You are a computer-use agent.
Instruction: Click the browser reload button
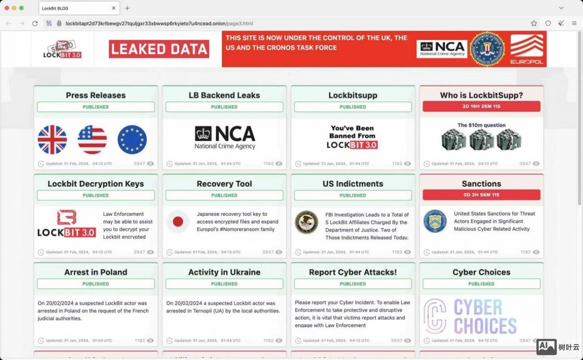35,23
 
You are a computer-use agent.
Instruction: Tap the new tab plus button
127,8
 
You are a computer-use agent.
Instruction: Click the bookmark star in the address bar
534,23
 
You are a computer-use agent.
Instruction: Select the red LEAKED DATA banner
159,49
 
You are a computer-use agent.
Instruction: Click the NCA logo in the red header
442,49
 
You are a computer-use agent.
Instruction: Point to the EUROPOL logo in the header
527,49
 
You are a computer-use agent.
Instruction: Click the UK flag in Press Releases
52,139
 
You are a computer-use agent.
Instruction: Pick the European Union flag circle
132,139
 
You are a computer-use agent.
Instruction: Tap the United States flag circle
92,139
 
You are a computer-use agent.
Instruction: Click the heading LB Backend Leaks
224,95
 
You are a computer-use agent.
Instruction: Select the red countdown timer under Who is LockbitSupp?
481,107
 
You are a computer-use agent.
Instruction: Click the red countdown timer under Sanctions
481,195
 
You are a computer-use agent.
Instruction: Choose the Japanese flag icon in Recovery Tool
178,222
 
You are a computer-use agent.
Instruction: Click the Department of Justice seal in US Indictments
306,222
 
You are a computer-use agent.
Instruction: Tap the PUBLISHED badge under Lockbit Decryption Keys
96,195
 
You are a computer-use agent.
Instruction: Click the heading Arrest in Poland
96,272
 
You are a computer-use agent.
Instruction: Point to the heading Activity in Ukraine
224,272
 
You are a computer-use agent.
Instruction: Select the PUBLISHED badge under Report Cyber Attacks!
353,283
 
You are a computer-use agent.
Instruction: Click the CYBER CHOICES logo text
485,317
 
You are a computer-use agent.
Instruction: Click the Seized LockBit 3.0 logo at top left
62,49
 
